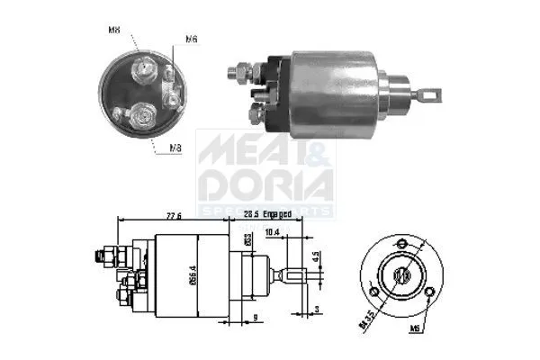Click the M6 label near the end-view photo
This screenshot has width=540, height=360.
(192, 39)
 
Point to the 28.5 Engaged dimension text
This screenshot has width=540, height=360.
(267, 214)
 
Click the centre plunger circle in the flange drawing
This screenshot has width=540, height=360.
(403, 275)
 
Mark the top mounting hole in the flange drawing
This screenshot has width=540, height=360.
(402, 243)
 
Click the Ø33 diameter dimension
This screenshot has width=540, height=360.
(247, 242)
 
